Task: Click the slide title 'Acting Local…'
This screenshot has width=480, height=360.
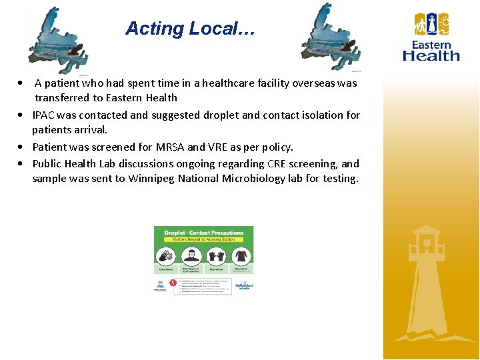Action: click(x=190, y=29)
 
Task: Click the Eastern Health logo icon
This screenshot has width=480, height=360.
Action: click(x=431, y=25)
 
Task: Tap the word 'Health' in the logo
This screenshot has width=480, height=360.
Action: click(x=431, y=56)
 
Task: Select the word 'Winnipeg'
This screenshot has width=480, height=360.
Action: click(x=151, y=178)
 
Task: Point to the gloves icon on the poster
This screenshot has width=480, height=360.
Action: click(x=217, y=256)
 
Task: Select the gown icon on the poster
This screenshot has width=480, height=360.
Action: click(x=241, y=256)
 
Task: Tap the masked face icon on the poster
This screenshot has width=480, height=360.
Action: click(x=191, y=256)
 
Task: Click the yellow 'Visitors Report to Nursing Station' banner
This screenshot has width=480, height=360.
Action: click(x=203, y=239)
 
